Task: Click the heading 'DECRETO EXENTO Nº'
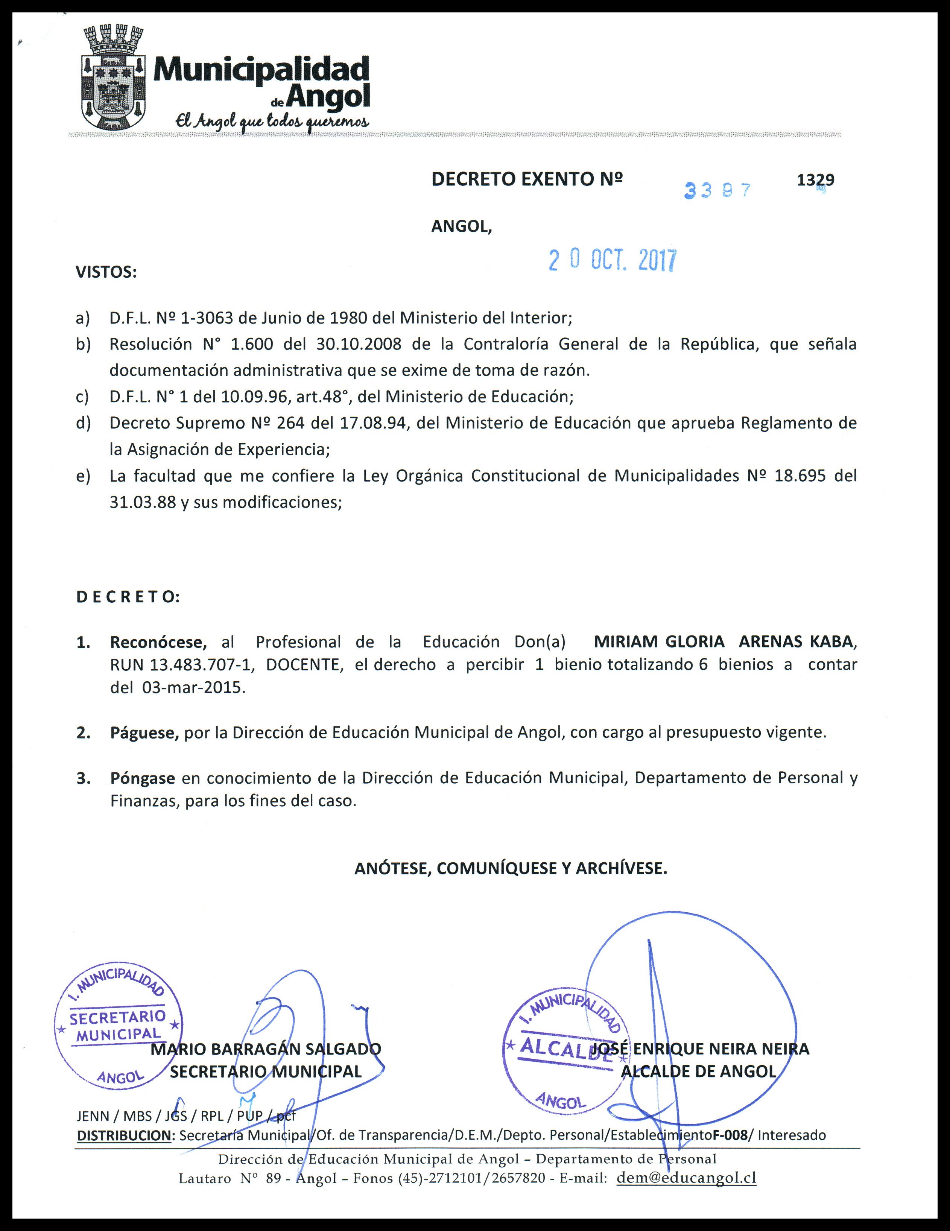point(527,179)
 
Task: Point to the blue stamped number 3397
point(718,190)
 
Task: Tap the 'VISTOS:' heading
point(106,273)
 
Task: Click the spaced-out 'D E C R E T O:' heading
point(128,597)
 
